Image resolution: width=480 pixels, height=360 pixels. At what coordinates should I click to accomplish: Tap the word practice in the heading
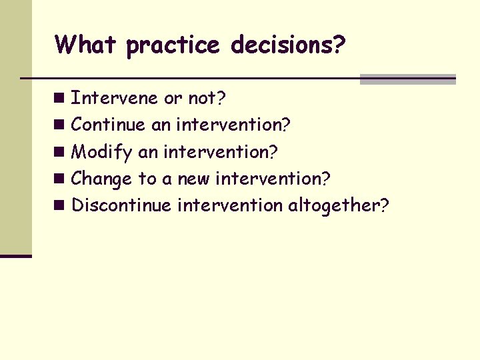[x=173, y=45]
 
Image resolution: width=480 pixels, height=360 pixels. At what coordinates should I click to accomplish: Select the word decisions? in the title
[x=288, y=45]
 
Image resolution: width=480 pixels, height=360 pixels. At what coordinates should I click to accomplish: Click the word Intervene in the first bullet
[x=115, y=98]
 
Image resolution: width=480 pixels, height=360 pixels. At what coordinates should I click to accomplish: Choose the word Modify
[x=102, y=152]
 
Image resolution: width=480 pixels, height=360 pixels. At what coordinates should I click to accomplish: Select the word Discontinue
[x=121, y=205]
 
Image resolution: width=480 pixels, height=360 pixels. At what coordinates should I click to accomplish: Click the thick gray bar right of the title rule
[x=407, y=79]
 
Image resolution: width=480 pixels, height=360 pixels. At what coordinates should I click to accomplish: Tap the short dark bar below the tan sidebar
[x=16, y=255]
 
